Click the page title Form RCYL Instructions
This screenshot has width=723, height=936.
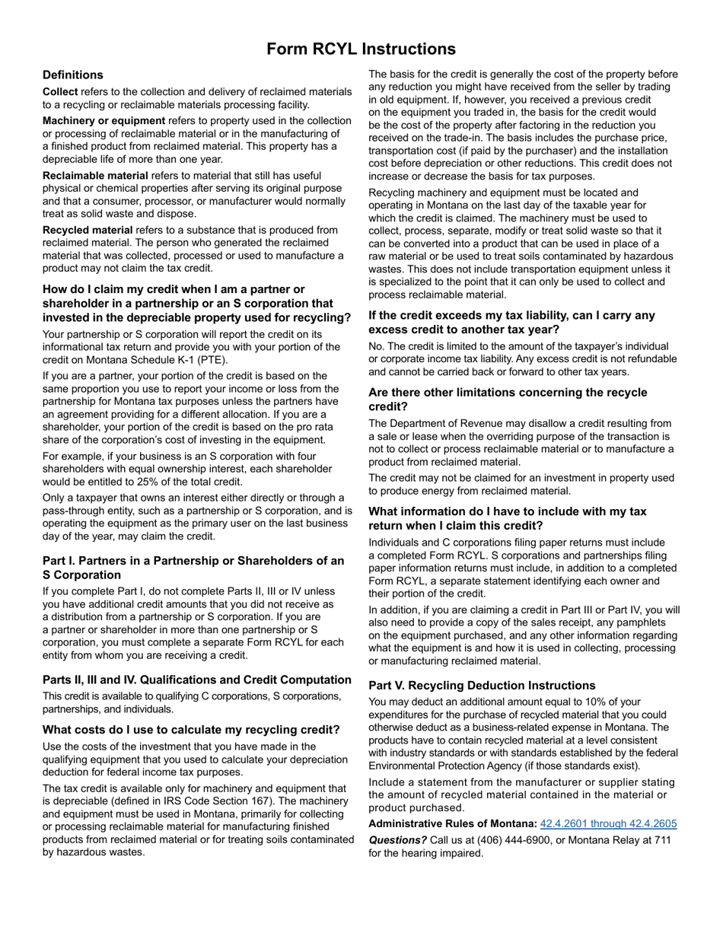point(361,49)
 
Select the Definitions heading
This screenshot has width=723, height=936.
point(73,75)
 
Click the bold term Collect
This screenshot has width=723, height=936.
point(60,92)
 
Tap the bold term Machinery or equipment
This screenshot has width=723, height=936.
point(104,121)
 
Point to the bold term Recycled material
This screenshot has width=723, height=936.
point(88,230)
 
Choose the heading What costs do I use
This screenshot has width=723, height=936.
point(191,730)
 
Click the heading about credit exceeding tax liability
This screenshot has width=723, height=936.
point(511,322)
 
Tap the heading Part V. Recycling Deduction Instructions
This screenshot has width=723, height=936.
point(482,685)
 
